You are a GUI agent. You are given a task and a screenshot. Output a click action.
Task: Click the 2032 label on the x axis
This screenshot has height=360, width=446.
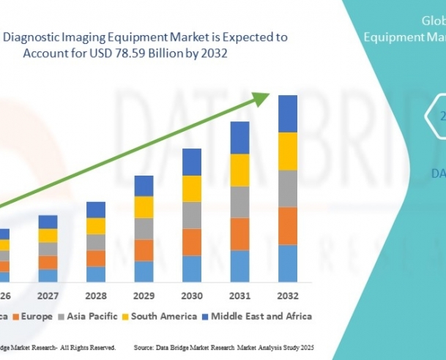(x=287, y=297)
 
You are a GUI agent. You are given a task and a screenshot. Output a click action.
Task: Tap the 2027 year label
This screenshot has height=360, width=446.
(x=48, y=297)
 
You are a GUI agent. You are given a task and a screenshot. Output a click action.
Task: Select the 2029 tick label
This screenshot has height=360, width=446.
(x=144, y=297)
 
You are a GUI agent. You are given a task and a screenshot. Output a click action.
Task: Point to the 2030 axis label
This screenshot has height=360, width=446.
(x=191, y=297)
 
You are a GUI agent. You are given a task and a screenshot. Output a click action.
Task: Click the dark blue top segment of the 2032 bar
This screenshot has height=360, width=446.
(x=287, y=113)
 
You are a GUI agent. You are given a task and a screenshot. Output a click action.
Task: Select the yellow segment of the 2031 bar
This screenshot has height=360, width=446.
(x=239, y=170)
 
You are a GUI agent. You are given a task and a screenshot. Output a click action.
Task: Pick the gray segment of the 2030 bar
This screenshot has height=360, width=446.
(x=191, y=215)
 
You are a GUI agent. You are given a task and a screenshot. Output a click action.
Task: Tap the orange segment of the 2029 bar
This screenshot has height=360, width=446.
(x=144, y=250)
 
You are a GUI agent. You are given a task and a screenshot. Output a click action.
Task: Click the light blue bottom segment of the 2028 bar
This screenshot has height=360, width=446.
(x=96, y=274)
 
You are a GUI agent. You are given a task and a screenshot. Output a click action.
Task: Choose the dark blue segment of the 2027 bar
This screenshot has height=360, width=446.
(x=48, y=222)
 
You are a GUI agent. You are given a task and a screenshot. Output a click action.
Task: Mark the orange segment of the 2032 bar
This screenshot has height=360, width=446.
(x=287, y=225)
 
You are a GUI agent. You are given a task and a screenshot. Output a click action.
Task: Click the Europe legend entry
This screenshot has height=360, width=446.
(x=37, y=317)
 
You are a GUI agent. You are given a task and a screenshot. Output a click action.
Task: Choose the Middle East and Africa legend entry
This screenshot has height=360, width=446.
(x=256, y=317)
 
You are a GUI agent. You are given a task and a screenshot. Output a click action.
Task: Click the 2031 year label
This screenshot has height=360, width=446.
(x=239, y=297)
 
